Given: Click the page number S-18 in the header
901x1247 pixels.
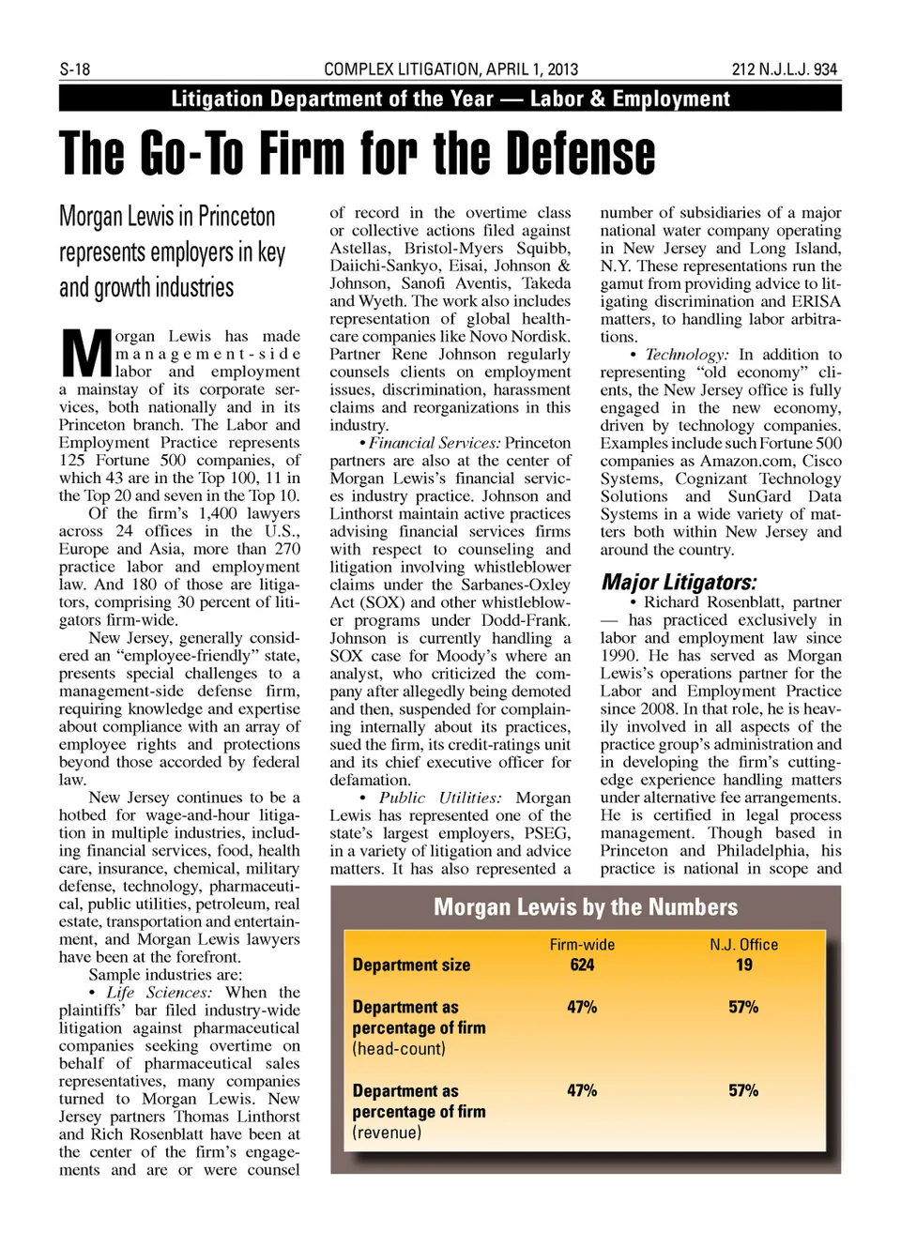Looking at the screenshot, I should pos(75,69).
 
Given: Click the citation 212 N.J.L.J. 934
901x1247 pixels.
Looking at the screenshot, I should pos(784,69).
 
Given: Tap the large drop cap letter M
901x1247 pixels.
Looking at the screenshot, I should pos(85,353).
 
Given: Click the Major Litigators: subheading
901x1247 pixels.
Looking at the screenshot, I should pos(679,582).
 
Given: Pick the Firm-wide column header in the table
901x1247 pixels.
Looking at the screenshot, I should pos(582,945).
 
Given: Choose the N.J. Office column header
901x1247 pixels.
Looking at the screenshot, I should pos(743,945).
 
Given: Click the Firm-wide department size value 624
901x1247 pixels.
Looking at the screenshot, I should pos(582,965).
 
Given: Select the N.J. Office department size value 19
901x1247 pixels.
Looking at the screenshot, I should pos(743,965).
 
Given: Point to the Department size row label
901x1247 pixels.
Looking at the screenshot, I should pos(411,965).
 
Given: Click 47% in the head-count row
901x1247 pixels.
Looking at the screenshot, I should pos(582,1007).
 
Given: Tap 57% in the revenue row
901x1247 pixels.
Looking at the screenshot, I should pos(743,1090).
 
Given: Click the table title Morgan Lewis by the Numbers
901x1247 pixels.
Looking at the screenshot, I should pos(586,907).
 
